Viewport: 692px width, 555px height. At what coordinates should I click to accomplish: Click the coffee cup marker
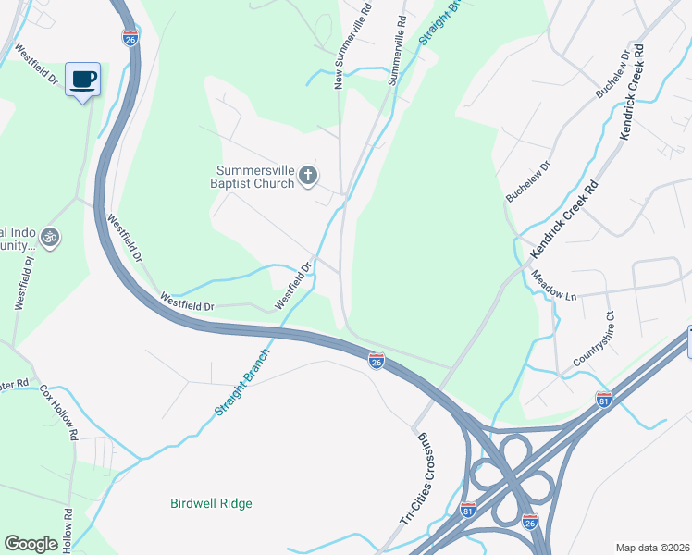point(84,80)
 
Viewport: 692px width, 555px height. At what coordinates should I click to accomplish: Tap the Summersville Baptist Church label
point(255,176)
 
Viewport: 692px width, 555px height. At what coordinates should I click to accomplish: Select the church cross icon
point(309,176)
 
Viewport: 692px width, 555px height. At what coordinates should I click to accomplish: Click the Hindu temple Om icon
point(51,239)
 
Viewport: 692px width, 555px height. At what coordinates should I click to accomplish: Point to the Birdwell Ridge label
point(211,503)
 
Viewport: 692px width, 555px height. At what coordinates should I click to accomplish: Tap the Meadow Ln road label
point(553,284)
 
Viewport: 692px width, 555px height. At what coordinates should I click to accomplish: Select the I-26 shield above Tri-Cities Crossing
point(377,361)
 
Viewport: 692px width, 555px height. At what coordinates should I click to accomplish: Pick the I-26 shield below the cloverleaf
point(530,522)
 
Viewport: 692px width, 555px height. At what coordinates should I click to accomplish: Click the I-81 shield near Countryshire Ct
point(603,399)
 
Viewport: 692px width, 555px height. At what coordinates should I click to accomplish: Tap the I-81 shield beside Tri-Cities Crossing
point(468,510)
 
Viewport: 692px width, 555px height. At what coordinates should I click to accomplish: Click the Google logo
point(31,544)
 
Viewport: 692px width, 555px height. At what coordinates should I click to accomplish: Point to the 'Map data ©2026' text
point(652,547)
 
